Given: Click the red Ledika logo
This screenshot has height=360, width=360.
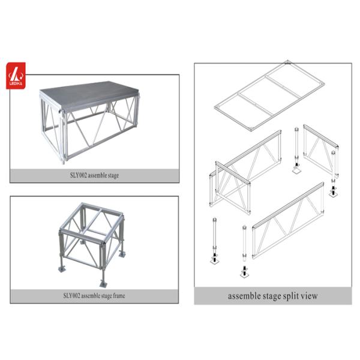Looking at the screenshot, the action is [x=16, y=76].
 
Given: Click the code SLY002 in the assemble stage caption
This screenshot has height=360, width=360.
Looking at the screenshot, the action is [x=79, y=175].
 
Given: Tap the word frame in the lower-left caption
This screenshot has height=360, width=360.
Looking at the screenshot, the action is [x=119, y=295].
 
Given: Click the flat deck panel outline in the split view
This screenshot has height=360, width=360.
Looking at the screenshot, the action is [x=269, y=96].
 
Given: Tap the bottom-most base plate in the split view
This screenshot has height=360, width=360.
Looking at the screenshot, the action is [x=245, y=274].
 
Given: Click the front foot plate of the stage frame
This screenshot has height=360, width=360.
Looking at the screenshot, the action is [x=103, y=284].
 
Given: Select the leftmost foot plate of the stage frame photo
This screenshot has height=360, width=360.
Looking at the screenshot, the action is [x=62, y=269].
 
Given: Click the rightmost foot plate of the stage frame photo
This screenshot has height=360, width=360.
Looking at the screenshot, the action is [x=122, y=254].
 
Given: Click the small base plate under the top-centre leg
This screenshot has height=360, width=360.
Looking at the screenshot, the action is [x=297, y=170].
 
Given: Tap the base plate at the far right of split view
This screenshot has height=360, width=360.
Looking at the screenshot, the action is [x=334, y=193].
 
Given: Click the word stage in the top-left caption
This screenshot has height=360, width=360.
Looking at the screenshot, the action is [x=113, y=176].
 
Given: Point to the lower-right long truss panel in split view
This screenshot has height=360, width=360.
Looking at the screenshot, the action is [x=288, y=221].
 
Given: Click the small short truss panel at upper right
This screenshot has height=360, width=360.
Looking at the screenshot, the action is [x=321, y=151].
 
